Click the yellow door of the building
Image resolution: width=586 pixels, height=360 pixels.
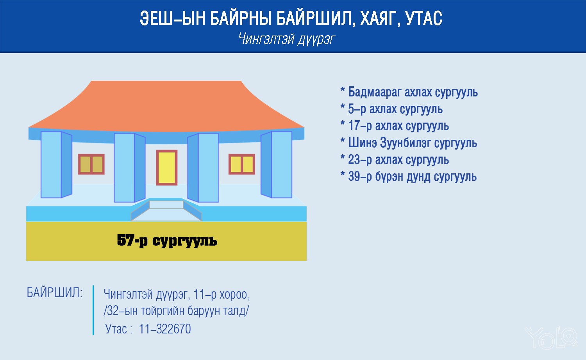pos(167,168)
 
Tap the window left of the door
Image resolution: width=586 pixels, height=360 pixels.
pos(91,164)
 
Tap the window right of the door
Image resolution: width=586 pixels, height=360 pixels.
pos(242,164)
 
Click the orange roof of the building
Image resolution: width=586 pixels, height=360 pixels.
pos(166,107)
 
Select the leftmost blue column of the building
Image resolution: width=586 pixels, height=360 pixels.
pos(56,165)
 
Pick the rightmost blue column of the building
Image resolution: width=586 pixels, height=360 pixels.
pos(276,165)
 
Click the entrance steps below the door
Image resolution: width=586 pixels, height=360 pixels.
pos(166,210)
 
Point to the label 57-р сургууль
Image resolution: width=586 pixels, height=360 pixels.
pos(167,241)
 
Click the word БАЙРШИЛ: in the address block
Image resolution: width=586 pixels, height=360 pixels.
pos(54,292)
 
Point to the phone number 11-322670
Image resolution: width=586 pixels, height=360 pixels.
pos(164,329)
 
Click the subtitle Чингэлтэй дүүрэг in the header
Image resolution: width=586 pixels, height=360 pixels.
pos(287,39)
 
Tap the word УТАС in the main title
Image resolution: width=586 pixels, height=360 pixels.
pos(424,18)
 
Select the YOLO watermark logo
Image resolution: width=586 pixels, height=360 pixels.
pos(551,337)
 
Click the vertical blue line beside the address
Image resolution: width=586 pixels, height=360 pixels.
pos(93,310)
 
